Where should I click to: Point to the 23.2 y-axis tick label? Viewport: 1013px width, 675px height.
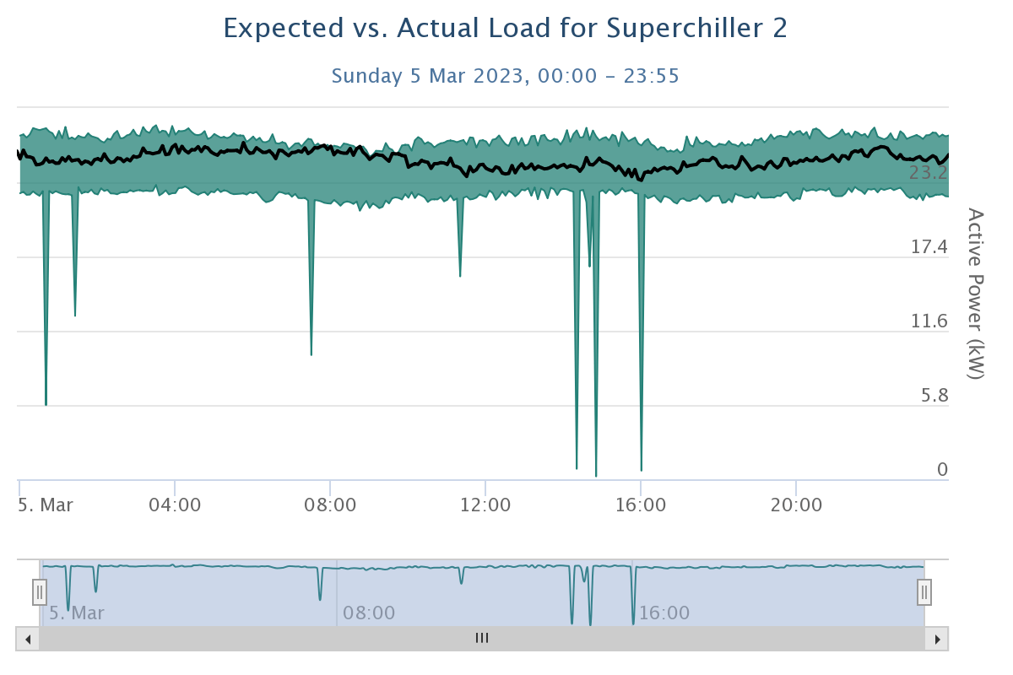pyautogui.click(x=928, y=173)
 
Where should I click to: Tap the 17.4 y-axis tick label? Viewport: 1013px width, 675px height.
pyautogui.click(x=928, y=247)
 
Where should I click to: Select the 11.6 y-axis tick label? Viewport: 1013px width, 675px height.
pyautogui.click(x=928, y=321)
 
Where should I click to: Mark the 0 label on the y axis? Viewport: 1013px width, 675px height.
pyautogui.click(x=942, y=470)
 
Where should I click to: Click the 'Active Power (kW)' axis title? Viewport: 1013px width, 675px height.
pyautogui.click(x=975, y=294)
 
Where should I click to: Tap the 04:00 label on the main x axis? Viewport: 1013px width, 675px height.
pyautogui.click(x=175, y=505)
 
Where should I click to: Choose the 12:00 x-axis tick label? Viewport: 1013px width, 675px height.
pyautogui.click(x=485, y=505)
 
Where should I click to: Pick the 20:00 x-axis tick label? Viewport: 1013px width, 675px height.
pyautogui.click(x=796, y=505)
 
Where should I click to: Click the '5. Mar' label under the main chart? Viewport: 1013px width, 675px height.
pyautogui.click(x=46, y=505)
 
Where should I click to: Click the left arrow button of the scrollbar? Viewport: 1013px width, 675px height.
pyautogui.click(x=28, y=639)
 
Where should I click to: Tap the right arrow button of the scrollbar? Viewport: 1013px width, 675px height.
pyautogui.click(x=937, y=639)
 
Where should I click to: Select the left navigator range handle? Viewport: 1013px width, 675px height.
pyautogui.click(x=40, y=592)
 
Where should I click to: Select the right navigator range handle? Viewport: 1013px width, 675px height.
pyautogui.click(x=924, y=592)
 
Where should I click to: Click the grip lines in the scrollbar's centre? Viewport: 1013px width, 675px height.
pyautogui.click(x=482, y=639)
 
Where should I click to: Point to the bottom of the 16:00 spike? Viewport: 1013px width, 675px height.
pyautogui.click(x=642, y=470)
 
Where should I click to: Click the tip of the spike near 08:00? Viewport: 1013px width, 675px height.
pyautogui.click(x=311, y=354)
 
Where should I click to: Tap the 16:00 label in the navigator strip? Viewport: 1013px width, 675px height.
pyautogui.click(x=664, y=613)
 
